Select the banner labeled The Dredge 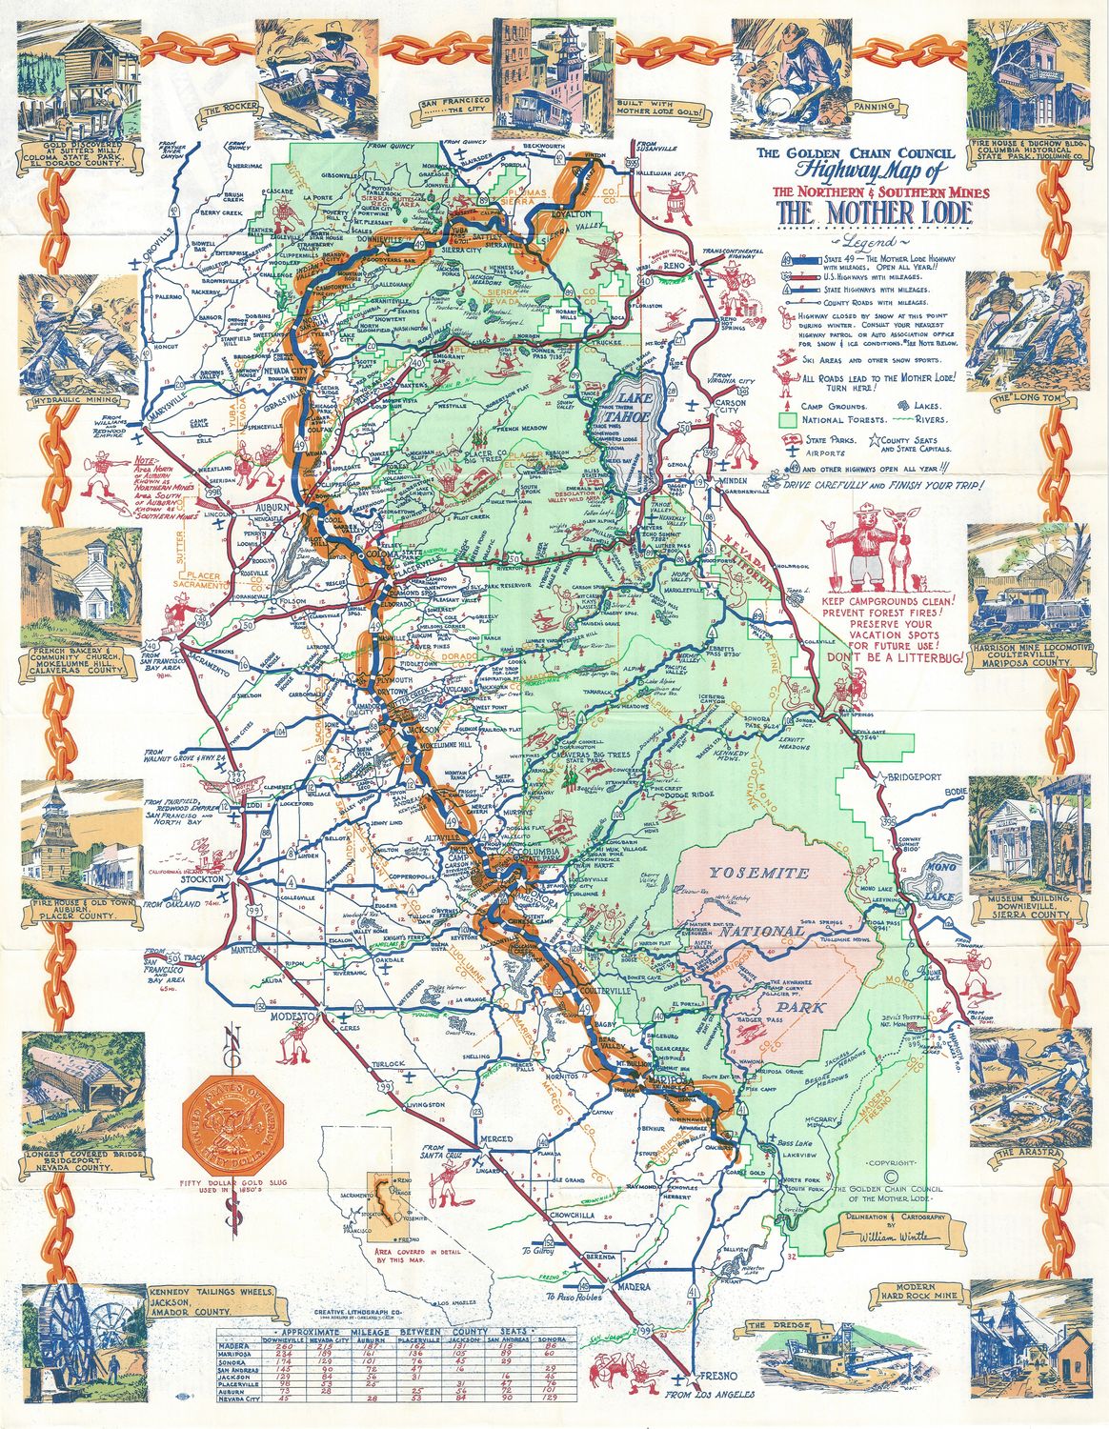pyautogui.click(x=769, y=1324)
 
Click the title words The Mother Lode pyautogui.click(x=874, y=214)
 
